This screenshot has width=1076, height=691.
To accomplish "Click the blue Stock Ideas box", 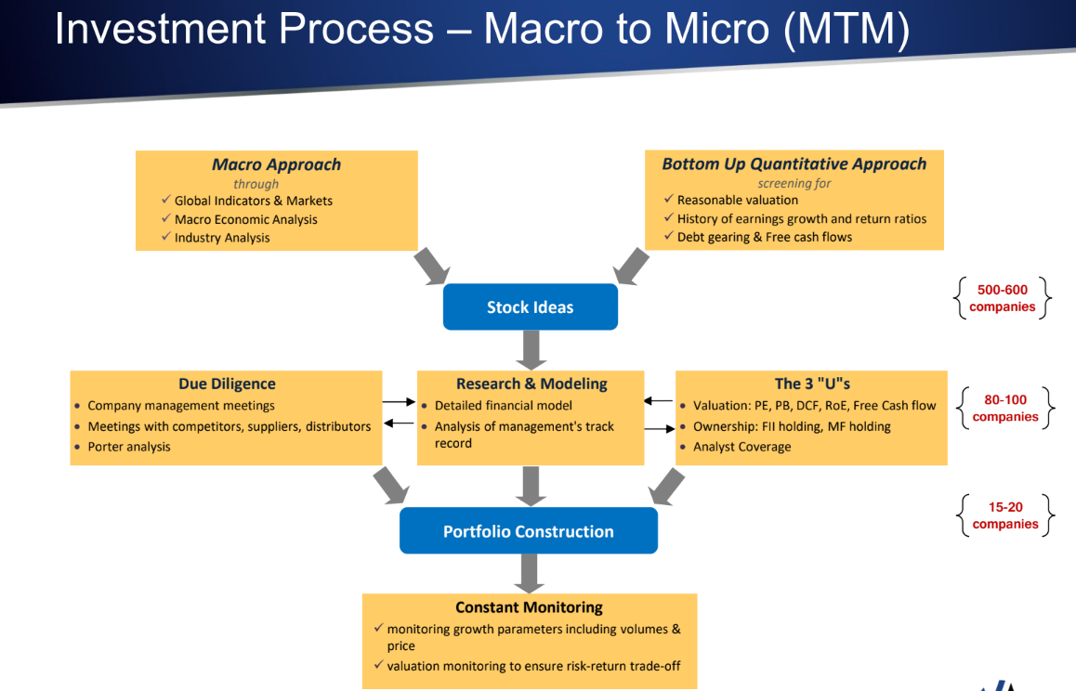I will point(530,307).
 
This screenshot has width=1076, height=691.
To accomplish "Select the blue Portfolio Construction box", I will point(528,531).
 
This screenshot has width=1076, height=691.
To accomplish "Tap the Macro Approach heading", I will point(276,164).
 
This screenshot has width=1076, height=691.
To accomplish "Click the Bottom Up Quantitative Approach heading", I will point(794,163).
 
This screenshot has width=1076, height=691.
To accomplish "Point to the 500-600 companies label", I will point(1003,298).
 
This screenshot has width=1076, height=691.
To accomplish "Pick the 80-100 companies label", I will point(1005,408).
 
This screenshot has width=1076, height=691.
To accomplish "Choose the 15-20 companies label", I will point(1005,515).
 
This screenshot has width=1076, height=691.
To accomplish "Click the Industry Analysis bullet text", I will point(222,238).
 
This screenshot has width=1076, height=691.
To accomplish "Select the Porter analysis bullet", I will point(129,447).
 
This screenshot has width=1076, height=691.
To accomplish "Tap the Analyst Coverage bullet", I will point(741,447).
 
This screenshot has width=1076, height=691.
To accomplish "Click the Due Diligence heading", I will point(227,384).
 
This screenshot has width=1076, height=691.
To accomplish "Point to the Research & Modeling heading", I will point(531,384).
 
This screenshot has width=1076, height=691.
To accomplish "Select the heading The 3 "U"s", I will point(812,384).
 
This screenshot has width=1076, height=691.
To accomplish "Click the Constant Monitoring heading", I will point(529,607).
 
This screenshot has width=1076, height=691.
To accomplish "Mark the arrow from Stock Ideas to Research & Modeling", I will point(531,350).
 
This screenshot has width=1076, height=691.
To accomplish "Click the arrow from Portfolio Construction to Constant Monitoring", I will point(530,573).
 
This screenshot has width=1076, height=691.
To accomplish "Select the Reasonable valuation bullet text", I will point(737,200).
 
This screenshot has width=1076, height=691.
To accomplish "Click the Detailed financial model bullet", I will point(503,406).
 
